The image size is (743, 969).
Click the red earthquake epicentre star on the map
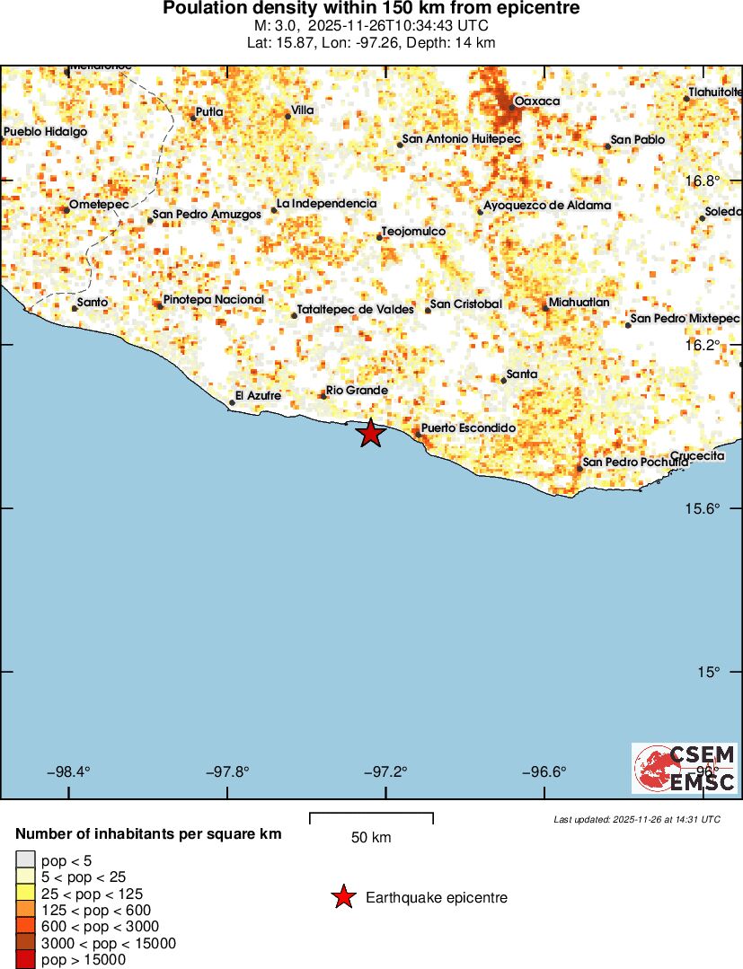click(370, 434)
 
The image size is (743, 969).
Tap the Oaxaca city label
click(536, 101)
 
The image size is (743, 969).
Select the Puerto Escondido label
click(468, 428)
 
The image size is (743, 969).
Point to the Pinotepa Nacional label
click(213, 300)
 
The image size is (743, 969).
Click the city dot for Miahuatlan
click(545, 308)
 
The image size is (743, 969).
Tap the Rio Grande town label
click(357, 391)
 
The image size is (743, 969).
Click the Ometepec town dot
click(66, 210)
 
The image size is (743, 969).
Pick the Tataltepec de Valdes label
click(355, 310)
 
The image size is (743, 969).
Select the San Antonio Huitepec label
click(461, 139)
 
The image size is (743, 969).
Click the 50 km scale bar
click(371, 818)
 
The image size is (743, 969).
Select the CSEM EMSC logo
click(685, 768)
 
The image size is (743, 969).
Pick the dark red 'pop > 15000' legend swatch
click(25, 960)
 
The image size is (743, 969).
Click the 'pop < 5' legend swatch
click(25, 860)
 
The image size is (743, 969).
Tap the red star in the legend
click(342, 897)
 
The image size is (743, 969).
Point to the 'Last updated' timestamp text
click(636, 819)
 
